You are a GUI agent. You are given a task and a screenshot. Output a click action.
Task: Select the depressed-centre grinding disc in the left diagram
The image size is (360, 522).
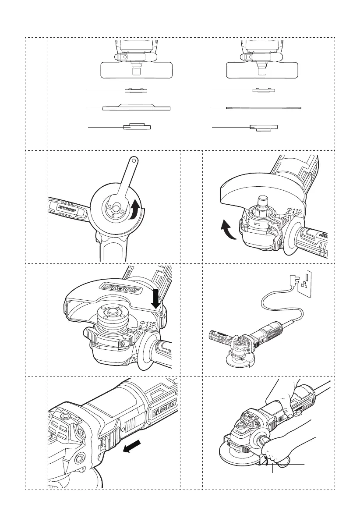coord(136,107)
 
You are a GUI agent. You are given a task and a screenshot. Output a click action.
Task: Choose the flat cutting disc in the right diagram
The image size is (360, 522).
coord(263,107)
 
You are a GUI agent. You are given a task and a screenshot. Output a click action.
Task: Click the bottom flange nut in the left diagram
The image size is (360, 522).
coord(137,127)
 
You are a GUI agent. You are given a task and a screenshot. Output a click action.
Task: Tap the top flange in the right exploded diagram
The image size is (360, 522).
coord(264,91)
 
